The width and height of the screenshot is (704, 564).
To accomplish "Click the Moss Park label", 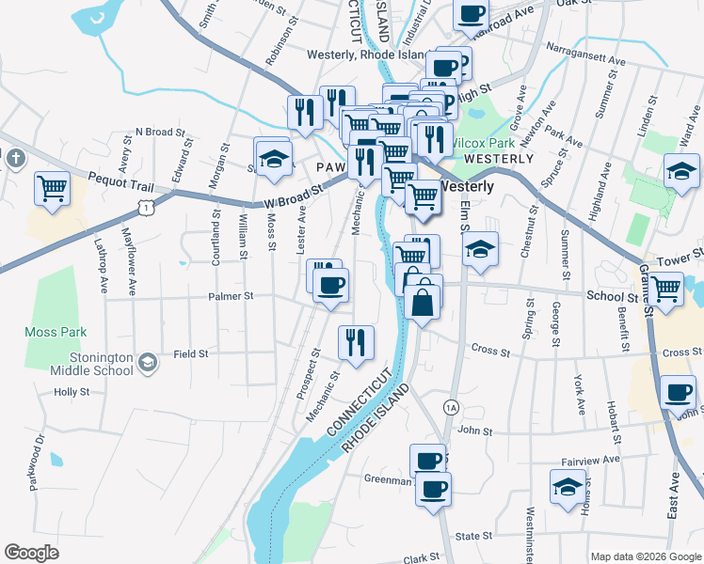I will click(56, 332).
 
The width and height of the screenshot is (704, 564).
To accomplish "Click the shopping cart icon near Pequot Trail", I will click(53, 188).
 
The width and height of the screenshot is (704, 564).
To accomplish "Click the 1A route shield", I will click(451, 406).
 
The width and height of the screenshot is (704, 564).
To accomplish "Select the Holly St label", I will click(72, 392).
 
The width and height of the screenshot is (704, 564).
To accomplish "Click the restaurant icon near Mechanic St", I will click(356, 343).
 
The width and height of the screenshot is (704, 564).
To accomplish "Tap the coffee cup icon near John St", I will click(678, 392).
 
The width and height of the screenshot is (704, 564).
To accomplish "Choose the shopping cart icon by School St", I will click(666, 288).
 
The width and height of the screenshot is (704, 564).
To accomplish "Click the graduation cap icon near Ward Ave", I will click(681, 170).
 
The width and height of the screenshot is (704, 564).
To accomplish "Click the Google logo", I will click(31, 553).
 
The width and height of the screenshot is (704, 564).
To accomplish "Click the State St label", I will click(468, 536).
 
